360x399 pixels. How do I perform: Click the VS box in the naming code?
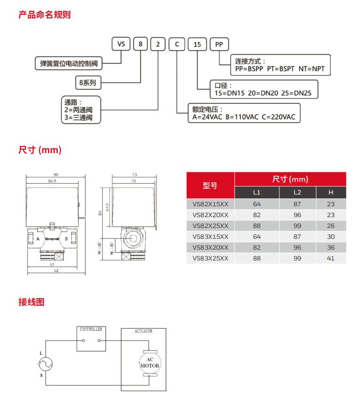pos(121,44)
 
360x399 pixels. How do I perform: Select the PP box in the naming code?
pos(219,44)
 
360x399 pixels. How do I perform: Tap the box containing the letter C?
pos(177,44)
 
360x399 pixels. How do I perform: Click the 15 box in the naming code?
pos(197,44)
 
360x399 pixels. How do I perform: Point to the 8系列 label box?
pos(88,82)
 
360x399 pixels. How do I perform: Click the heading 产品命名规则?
pos(44,15)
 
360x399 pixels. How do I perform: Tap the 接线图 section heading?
pos(32,302)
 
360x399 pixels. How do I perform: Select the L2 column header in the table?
pos(297,192)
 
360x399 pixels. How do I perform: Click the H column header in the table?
pos(331,192)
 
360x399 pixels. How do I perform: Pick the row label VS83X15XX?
pos(210,236)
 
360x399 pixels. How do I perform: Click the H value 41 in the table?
pos(331,258)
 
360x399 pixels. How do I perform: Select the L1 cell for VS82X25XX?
pos(257,226)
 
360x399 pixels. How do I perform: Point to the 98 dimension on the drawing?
pos(56,174)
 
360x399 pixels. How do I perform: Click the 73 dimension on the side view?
pos(134,174)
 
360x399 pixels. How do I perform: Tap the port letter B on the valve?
pos(66,239)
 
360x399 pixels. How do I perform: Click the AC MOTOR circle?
pos(150,363)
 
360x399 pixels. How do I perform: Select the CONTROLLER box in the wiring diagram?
pos(91,339)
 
